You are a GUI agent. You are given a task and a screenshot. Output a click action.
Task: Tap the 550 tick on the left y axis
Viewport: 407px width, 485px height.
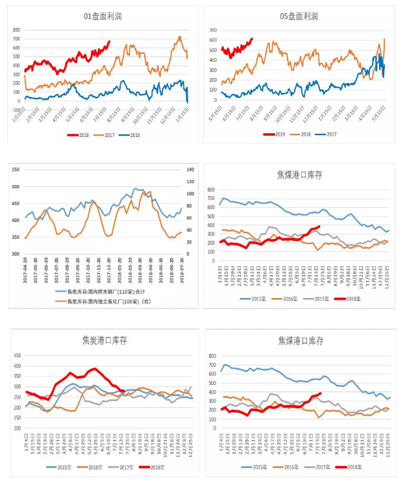click(x=15, y=169)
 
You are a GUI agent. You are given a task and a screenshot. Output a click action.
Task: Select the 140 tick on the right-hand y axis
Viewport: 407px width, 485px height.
click(x=190, y=169)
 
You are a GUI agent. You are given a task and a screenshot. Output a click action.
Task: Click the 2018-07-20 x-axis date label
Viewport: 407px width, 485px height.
click(x=181, y=269)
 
